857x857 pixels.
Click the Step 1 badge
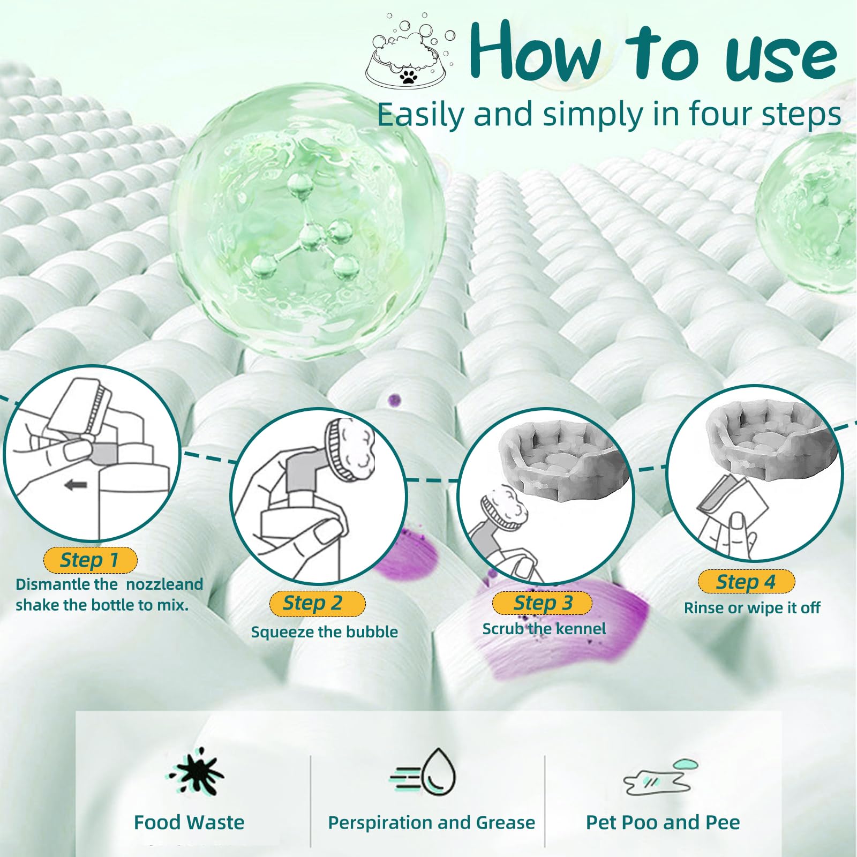click(90, 560)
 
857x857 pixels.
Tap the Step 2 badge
click(317, 603)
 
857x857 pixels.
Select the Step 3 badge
click(542, 603)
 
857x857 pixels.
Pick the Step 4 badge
click(746, 582)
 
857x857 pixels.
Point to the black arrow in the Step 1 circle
click(76, 485)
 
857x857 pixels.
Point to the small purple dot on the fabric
click(395, 400)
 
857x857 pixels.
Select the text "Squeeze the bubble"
click(325, 632)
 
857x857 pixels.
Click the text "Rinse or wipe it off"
click(752, 607)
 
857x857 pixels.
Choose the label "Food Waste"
click(189, 822)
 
